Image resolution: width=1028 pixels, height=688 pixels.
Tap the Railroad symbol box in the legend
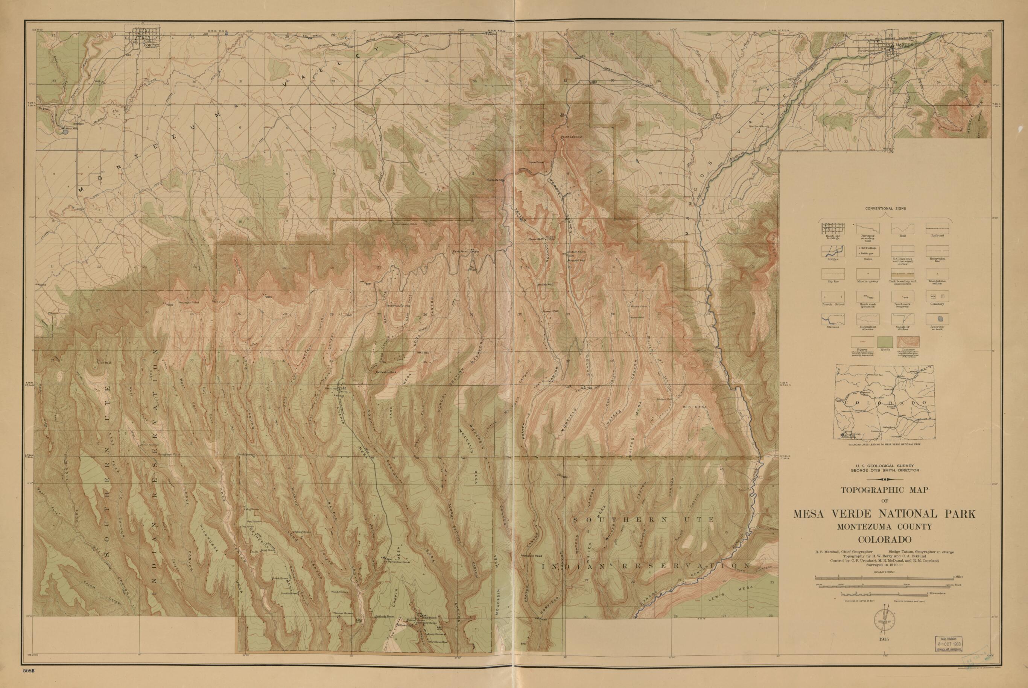tap(937, 229)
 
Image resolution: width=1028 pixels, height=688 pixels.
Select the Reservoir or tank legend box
tap(937, 319)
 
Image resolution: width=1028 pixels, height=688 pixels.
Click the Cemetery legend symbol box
tap(937, 297)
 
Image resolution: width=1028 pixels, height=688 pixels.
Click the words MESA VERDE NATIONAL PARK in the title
tap(884, 514)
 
